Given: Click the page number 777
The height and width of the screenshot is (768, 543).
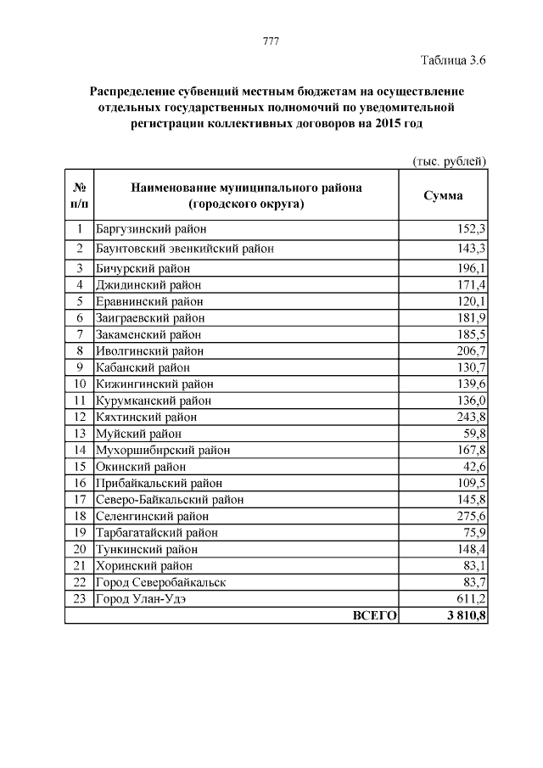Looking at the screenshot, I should [x=271, y=42].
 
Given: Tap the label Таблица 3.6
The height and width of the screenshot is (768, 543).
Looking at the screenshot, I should [x=453, y=59].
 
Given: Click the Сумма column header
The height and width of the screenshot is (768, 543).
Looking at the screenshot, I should [x=443, y=195].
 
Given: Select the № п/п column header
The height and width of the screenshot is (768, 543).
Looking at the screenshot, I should [x=78, y=195].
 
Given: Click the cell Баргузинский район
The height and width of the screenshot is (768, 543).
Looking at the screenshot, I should [x=152, y=229].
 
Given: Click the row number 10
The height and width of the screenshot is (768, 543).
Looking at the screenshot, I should [x=79, y=384].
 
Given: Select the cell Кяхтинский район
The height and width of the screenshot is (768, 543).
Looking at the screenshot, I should [x=147, y=417].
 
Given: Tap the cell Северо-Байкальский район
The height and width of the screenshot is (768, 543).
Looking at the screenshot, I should [x=171, y=499].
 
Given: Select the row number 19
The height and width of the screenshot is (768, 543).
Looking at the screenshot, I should [x=79, y=532].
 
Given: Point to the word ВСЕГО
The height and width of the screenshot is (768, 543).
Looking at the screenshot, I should [x=374, y=615].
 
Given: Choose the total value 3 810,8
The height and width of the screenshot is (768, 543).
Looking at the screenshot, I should [x=463, y=615].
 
